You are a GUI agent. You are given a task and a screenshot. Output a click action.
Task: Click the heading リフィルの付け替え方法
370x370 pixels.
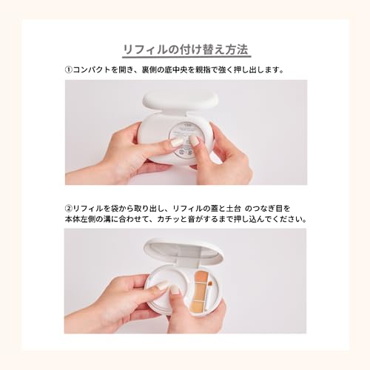(x=186, y=50)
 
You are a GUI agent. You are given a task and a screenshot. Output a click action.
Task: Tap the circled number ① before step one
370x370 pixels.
(x=68, y=70)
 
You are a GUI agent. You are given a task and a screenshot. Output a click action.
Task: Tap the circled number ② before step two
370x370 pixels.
(x=68, y=208)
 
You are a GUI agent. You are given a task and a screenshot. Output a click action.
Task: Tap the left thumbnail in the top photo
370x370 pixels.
(x=178, y=141)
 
